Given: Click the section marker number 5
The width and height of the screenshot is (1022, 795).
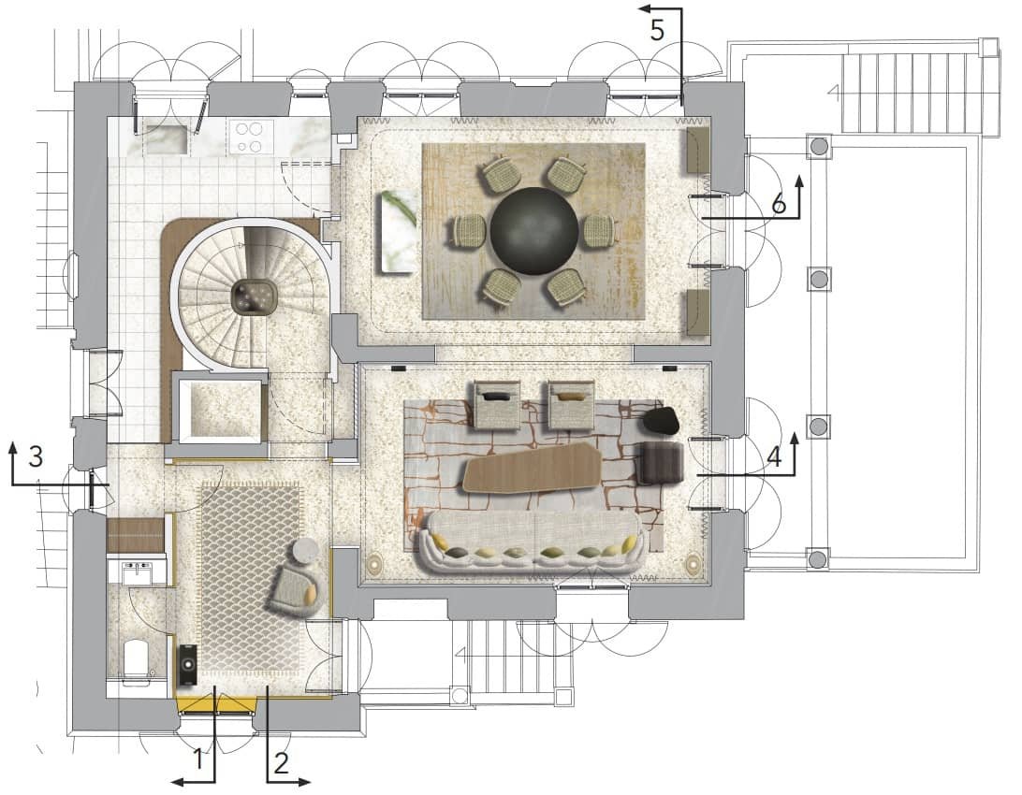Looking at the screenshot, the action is click(x=656, y=31).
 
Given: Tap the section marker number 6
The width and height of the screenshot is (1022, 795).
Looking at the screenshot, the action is click(x=780, y=205).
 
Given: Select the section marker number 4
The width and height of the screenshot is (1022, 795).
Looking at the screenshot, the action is click(x=774, y=456).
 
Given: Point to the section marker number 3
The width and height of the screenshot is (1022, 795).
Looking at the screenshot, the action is click(x=36, y=456).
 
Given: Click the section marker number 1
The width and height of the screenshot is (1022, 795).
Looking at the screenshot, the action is click(x=198, y=759).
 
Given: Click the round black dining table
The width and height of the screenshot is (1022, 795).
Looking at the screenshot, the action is click(x=533, y=230).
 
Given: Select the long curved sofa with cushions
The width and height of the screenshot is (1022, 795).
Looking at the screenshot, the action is click(x=533, y=542).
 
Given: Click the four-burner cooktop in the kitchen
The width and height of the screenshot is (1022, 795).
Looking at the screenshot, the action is click(x=248, y=137).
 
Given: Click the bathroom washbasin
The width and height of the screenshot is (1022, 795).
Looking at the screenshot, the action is click(x=138, y=573).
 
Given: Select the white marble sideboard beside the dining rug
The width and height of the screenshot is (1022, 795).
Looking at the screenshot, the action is click(x=399, y=233).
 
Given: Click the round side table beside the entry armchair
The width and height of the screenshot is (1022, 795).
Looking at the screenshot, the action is click(x=305, y=552).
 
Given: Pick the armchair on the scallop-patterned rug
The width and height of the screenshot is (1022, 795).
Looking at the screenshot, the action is click(x=297, y=588).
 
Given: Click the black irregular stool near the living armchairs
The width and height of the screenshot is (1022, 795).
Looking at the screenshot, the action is click(x=663, y=420).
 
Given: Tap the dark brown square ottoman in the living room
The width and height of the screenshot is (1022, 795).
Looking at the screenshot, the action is click(x=659, y=463).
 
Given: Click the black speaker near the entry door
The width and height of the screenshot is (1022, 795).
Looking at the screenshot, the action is click(x=188, y=664).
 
